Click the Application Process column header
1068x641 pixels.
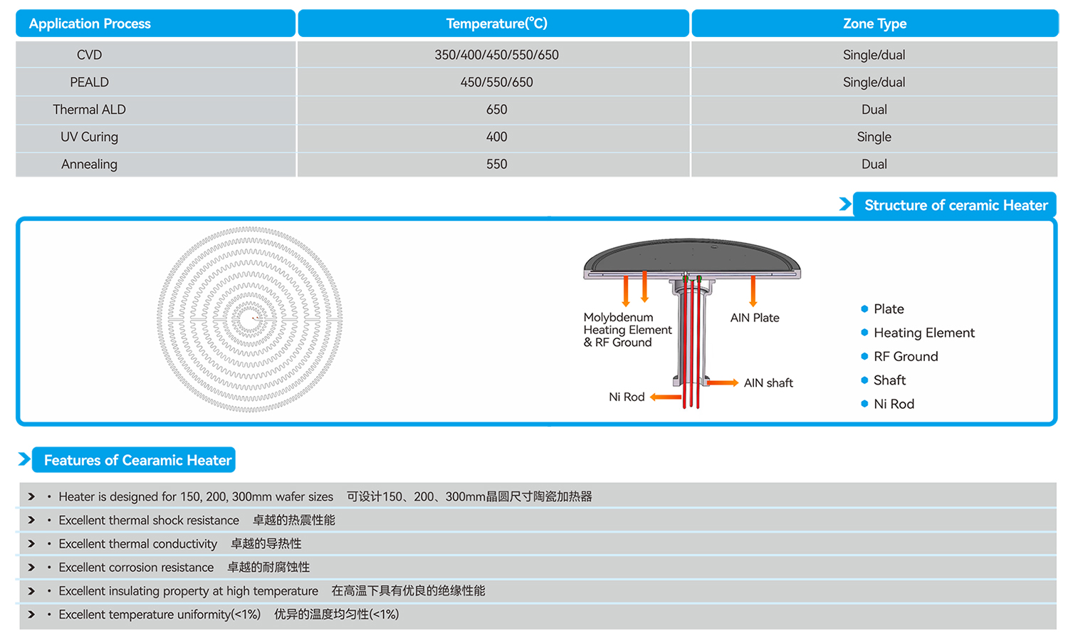pyautogui.click(x=90, y=24)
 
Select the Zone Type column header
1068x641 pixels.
pyautogui.click(x=874, y=24)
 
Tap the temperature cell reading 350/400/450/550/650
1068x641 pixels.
pyautogui.click(x=496, y=55)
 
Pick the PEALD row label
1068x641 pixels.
pyautogui.click(x=89, y=82)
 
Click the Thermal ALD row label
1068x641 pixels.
pyautogui.click(x=89, y=109)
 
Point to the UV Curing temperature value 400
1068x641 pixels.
pyautogui.click(x=496, y=137)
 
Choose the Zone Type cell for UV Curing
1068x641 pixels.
pyautogui.click(x=874, y=137)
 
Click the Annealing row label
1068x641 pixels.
pyautogui.click(x=89, y=164)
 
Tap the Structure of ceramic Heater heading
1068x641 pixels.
pyautogui.click(x=956, y=205)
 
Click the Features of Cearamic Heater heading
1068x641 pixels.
pyautogui.click(x=138, y=460)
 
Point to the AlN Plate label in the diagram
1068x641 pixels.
pyautogui.click(x=755, y=318)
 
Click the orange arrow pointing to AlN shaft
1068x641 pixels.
pyautogui.click(x=723, y=382)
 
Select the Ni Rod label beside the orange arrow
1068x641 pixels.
pyautogui.click(x=627, y=397)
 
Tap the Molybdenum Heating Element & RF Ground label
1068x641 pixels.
pyautogui.click(x=627, y=330)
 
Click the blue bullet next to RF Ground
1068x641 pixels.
pyautogui.click(x=864, y=356)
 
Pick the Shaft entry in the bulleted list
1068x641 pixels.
pyautogui.click(x=890, y=380)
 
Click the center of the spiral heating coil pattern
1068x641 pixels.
pyautogui.click(x=250, y=318)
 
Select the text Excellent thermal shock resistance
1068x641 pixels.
pyautogui.click(x=149, y=520)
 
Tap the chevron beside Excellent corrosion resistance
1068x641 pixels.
pyautogui.click(x=31, y=567)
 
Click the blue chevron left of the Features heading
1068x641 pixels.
pyautogui.click(x=24, y=459)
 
